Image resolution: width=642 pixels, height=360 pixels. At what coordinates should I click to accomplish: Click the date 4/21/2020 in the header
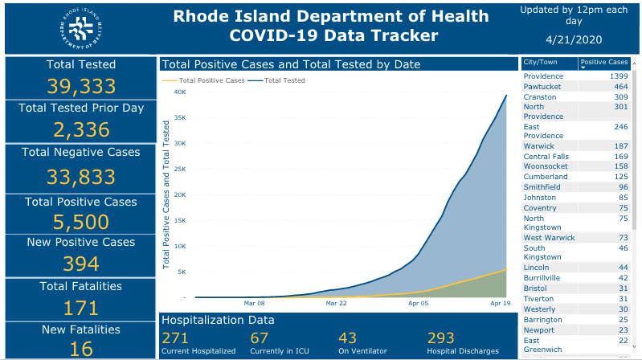point(574,39)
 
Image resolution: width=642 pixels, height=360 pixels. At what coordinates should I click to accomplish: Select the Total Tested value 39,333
point(80,87)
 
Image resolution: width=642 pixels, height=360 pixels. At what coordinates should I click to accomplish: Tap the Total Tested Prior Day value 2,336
point(80,130)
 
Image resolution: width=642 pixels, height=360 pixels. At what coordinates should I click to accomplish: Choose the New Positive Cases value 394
point(80,263)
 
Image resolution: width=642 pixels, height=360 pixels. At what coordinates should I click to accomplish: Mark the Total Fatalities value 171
point(80,307)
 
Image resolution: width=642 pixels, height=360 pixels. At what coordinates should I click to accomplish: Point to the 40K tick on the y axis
point(180,92)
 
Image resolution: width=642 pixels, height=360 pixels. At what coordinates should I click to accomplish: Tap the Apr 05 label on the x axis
point(419,304)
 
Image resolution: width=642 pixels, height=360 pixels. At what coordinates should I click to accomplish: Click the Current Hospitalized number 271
point(175,338)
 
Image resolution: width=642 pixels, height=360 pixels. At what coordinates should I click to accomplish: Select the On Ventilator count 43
point(347,338)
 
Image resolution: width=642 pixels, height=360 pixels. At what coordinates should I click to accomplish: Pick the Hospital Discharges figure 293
point(440,338)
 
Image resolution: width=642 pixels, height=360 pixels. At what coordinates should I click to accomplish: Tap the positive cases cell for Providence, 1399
point(614,76)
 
